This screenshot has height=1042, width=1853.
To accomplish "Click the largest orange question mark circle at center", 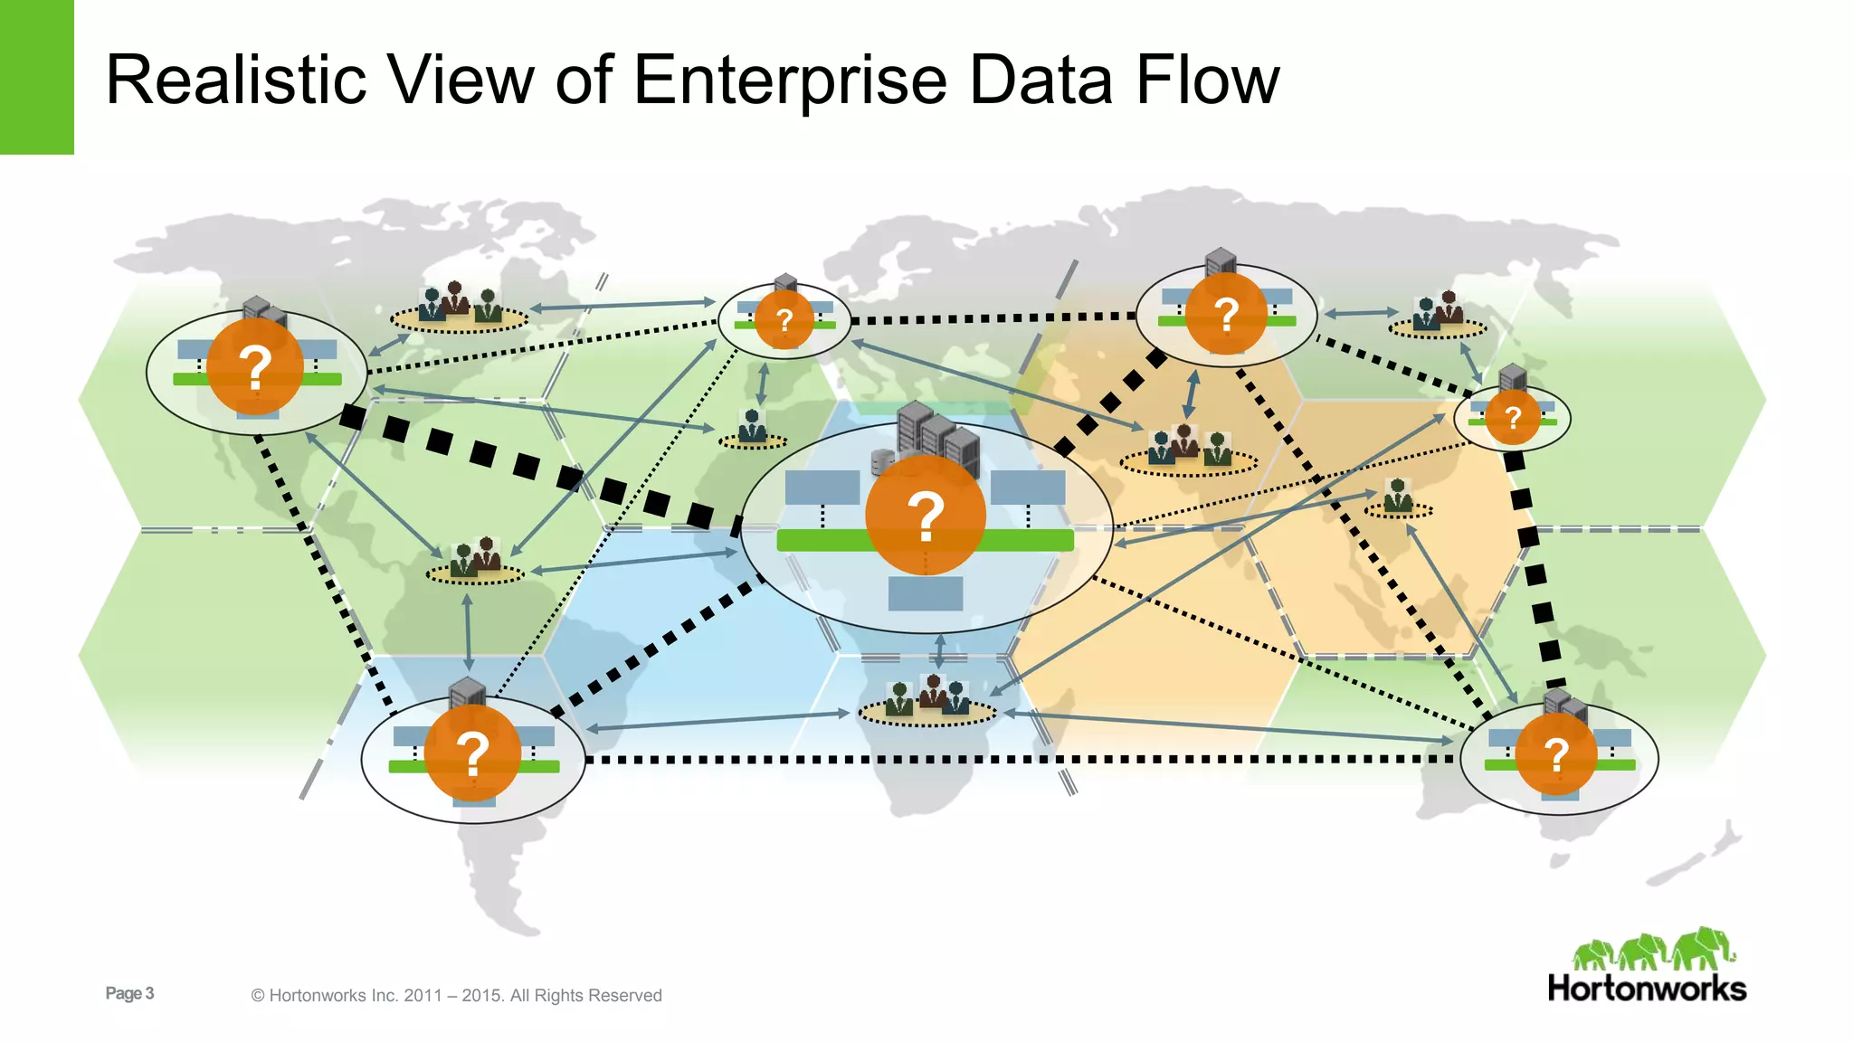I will [x=925, y=516].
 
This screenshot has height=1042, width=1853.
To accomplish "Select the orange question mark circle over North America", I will [x=255, y=366].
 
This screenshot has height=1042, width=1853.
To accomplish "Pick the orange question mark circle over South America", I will [x=472, y=753].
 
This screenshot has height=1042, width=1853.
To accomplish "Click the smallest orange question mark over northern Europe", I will [x=784, y=319].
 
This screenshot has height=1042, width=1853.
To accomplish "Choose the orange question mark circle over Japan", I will [x=1512, y=417].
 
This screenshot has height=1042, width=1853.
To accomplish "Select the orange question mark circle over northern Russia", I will [x=1226, y=314].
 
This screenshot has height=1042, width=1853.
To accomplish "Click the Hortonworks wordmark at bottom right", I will [x=1647, y=988].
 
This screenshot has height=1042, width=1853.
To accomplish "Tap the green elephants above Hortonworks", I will [x=1653, y=950].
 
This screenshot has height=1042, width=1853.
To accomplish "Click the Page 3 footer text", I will [x=129, y=993].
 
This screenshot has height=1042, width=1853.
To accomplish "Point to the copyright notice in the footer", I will [x=456, y=995].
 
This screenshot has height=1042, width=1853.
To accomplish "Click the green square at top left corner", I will [x=36, y=77].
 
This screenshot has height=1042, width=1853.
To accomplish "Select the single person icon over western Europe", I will [x=752, y=427].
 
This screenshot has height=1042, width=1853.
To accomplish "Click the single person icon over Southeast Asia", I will [x=1398, y=497].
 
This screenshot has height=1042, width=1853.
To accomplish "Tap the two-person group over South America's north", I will [x=475, y=558].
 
